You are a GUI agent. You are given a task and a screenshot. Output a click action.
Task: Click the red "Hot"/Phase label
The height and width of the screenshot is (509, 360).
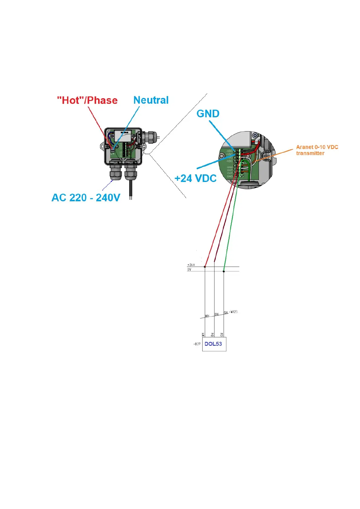(x=87, y=100)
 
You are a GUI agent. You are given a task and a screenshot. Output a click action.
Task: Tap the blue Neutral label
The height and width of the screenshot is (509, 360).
(x=151, y=100)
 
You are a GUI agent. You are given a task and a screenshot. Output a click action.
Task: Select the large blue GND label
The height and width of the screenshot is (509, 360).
(x=208, y=114)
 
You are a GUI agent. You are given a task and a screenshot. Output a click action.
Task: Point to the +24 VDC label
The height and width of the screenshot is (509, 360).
(x=195, y=178)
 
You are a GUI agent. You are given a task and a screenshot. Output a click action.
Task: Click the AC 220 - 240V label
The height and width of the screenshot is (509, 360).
(x=86, y=198)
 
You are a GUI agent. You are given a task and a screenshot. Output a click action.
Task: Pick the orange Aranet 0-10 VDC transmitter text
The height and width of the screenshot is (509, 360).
(x=317, y=150)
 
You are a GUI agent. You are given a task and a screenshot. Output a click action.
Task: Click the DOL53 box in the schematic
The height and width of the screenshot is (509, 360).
(x=214, y=344)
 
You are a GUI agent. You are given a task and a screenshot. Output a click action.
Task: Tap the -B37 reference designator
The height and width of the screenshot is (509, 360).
(x=197, y=344)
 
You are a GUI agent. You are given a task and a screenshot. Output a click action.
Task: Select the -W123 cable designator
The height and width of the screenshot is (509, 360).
(x=233, y=312)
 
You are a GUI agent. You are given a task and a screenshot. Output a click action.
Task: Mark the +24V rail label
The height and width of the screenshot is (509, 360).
(x=191, y=265)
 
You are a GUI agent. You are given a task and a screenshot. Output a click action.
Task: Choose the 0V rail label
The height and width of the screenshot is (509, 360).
(x=189, y=269)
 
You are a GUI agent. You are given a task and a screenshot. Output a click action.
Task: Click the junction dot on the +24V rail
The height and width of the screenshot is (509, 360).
(x=205, y=267)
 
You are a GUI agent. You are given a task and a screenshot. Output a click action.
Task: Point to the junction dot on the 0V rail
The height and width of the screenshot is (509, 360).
(x=224, y=271)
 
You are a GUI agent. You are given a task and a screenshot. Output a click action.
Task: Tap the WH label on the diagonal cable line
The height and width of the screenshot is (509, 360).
(x=207, y=316)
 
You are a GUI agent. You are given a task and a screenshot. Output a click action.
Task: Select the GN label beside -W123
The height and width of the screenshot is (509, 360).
(x=226, y=313)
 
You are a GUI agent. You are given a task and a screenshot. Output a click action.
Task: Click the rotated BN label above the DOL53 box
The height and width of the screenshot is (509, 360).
(x=212, y=335)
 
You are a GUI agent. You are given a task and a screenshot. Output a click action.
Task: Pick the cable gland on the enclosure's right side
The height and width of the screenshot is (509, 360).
(x=150, y=137)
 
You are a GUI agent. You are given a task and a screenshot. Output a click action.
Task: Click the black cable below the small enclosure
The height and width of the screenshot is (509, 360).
(x=131, y=189)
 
